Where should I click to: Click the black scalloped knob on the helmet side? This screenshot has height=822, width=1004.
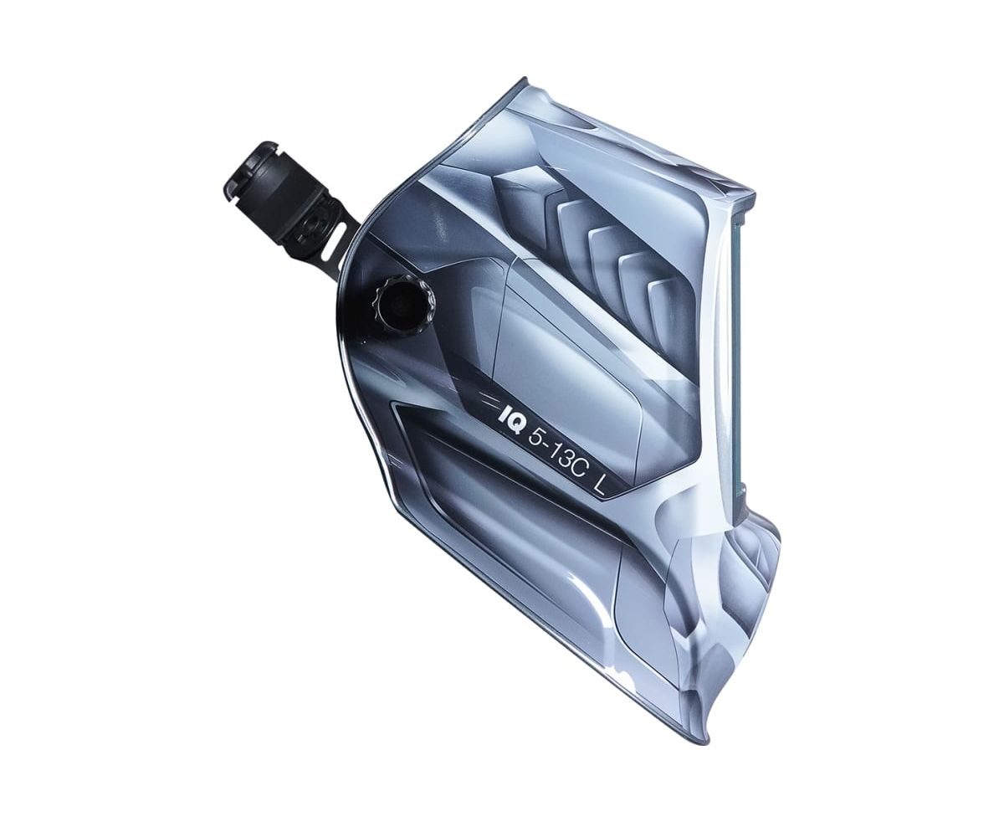[405, 306]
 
